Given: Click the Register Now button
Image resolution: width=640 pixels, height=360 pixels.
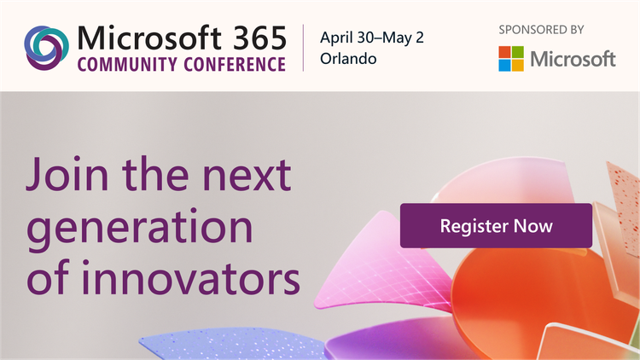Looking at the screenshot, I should click(x=496, y=226).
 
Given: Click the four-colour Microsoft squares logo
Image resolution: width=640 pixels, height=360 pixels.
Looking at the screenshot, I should click(x=510, y=58).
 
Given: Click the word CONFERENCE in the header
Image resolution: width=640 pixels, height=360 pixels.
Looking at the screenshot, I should click(x=232, y=65).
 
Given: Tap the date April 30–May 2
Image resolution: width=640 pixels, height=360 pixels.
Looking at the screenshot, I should click(x=372, y=38).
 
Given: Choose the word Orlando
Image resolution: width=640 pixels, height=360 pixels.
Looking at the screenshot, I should click(x=348, y=60).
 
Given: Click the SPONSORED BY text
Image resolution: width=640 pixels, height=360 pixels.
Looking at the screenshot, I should click(x=541, y=29).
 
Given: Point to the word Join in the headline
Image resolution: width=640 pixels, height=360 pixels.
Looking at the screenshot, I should click(x=66, y=175).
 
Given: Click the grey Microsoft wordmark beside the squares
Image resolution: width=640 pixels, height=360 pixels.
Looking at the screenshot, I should click(x=573, y=59).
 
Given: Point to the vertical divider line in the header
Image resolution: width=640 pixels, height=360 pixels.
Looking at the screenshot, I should click(x=305, y=48).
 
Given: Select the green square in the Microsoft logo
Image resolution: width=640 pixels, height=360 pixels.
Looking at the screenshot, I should click(x=516, y=52).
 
